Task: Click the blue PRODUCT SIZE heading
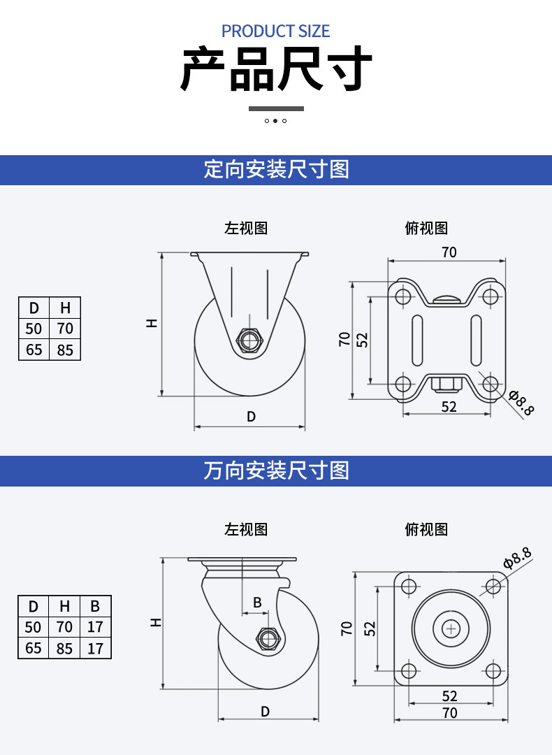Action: tap(275, 31)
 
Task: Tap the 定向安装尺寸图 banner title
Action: tap(276, 169)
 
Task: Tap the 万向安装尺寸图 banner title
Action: tap(276, 470)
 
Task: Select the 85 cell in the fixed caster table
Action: tap(65, 350)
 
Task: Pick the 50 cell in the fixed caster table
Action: tap(34, 329)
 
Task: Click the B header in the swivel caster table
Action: tap(95, 605)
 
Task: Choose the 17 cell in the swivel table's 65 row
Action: tap(95, 648)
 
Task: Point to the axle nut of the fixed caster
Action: tap(249, 341)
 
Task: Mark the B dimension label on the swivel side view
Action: tap(257, 602)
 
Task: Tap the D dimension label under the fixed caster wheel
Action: tap(252, 417)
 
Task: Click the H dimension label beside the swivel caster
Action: tap(156, 622)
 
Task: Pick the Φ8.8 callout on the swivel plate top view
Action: tap(517, 558)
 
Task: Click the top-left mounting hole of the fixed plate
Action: tap(402, 295)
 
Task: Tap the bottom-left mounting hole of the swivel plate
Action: tap(409, 670)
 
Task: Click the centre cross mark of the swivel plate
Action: tap(451, 628)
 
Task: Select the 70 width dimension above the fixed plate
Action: tap(449, 252)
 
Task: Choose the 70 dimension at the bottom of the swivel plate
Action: tap(450, 712)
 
